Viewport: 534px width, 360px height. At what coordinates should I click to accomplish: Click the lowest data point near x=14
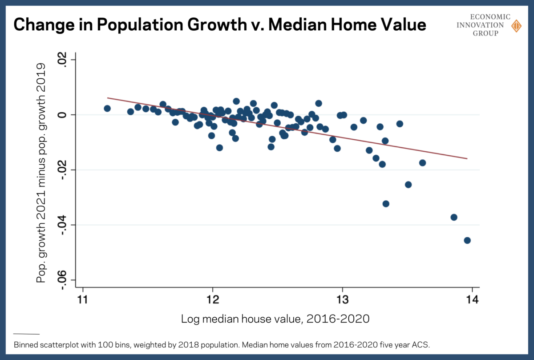click(x=467, y=240)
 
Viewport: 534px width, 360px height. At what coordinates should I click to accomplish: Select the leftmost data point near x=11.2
click(x=107, y=109)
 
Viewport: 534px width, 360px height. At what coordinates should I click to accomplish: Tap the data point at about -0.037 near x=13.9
click(x=454, y=217)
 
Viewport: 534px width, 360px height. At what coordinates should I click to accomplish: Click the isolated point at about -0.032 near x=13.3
click(x=386, y=203)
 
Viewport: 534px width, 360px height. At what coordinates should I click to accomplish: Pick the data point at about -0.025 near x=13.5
click(x=408, y=184)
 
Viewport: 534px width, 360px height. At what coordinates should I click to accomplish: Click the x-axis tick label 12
click(x=213, y=299)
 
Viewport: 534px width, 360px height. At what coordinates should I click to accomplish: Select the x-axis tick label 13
click(x=342, y=299)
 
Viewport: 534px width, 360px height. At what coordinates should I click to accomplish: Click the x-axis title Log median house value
click(x=275, y=319)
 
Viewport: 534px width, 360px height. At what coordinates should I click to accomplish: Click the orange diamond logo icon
click(x=516, y=26)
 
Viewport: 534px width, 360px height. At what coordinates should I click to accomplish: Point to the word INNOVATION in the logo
click(x=483, y=25)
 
